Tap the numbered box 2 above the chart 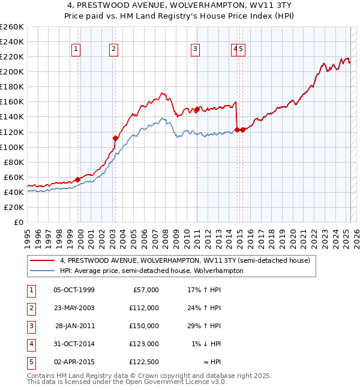pyautogui.click(x=113, y=50)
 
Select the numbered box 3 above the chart pyautogui.click(x=195, y=50)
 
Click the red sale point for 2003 pyautogui.click(x=115, y=138)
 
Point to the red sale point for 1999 pyautogui.click(x=78, y=179)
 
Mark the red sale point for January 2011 pyautogui.click(x=196, y=109)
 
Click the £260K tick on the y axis pyautogui.click(x=12, y=27)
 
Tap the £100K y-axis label pyautogui.click(x=12, y=147)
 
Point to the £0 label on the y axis pyautogui.click(x=19, y=222)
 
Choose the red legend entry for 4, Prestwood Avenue pyautogui.click(x=185, y=261)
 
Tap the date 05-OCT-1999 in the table pyautogui.click(x=74, y=290)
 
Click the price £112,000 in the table pyautogui.click(x=143, y=308)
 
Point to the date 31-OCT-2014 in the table pyautogui.click(x=74, y=344)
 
